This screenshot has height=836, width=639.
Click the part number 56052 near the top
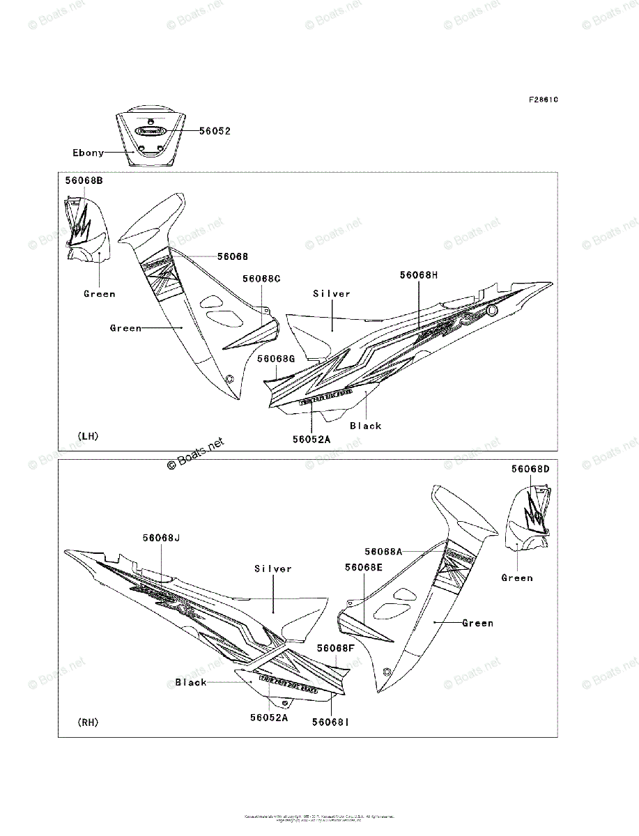tap(215, 130)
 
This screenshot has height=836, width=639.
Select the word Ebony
tap(88, 153)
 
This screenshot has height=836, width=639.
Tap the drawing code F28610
tap(543, 99)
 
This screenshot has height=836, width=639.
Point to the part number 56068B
tap(84, 180)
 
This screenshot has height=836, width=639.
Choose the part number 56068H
tap(419, 275)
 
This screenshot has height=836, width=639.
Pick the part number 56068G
tap(276, 358)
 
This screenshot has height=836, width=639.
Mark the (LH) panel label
tap(88, 436)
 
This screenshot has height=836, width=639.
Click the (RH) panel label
tap(88, 722)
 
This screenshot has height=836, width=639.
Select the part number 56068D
tap(530, 469)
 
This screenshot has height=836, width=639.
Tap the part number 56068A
tap(383, 551)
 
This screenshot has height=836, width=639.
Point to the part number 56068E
tap(363, 568)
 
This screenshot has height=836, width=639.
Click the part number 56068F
tap(336, 648)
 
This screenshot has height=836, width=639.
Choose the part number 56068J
tap(162, 538)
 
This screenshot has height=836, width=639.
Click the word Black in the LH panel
tap(366, 426)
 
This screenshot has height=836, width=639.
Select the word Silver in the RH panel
tap(273, 568)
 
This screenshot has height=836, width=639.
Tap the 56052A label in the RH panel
tap(269, 716)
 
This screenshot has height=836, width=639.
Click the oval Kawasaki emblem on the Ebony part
tap(150, 130)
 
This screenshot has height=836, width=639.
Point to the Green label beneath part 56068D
tap(517, 578)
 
